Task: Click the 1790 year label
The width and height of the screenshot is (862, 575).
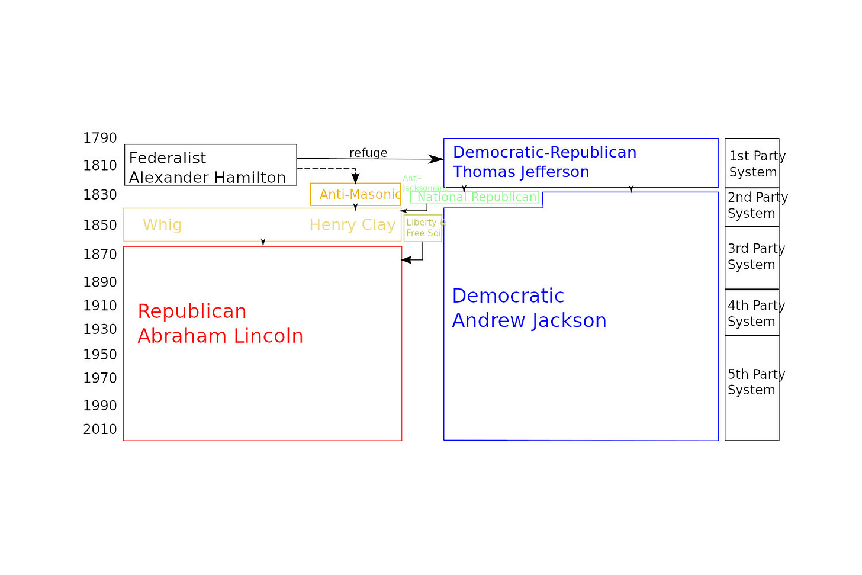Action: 100,138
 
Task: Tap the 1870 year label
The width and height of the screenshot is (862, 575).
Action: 100,255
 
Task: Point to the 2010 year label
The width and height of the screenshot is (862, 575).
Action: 100,429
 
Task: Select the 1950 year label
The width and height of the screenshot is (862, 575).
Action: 100,355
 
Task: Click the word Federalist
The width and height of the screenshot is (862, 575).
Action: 168,158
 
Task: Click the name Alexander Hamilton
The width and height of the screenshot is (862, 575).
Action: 207,178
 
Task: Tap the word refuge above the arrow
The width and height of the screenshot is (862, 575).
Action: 368,153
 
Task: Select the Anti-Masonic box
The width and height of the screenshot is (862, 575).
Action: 355,194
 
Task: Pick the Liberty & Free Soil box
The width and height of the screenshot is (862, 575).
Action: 423,228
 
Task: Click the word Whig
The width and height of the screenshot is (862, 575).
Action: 162,225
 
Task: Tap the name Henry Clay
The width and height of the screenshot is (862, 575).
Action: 352,225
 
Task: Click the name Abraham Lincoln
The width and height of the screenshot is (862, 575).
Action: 220,336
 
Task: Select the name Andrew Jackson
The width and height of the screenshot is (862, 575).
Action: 529,320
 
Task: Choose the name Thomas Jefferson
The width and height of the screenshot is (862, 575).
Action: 521,172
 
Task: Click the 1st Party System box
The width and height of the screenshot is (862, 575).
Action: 752,163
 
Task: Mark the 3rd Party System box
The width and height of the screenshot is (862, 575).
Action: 752,257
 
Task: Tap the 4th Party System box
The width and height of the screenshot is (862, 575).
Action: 752,313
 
